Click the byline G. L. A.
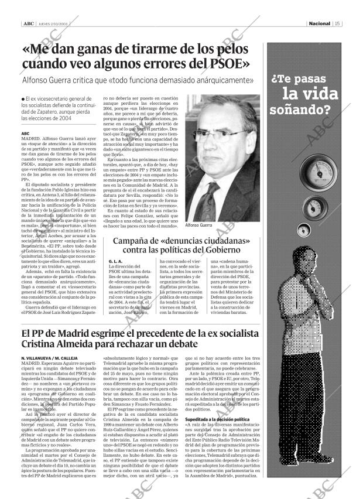[115, 261]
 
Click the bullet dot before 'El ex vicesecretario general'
[23, 98]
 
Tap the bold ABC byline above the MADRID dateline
[25, 134]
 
